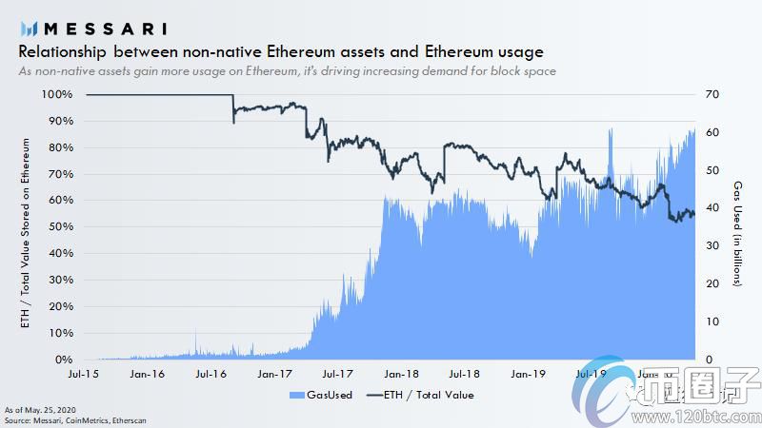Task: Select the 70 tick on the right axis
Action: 710,95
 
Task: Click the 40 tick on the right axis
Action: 710,208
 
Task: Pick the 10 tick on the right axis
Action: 710,321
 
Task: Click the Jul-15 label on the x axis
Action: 86,375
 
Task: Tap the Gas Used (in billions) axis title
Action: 737,233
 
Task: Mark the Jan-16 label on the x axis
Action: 147,375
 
